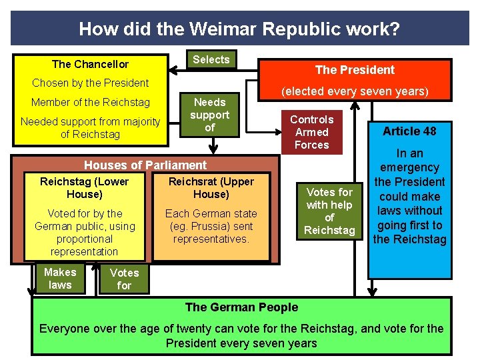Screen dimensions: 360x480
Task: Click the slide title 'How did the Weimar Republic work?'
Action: (x=239, y=29)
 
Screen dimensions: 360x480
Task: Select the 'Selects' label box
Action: (x=211, y=60)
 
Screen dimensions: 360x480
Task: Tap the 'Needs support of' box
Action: (x=209, y=115)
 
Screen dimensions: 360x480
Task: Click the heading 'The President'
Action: (x=354, y=70)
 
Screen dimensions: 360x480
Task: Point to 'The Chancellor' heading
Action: (x=90, y=64)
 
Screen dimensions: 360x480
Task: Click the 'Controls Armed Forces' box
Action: (x=311, y=132)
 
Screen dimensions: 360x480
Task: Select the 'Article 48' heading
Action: (x=409, y=131)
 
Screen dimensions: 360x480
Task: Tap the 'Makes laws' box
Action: (x=60, y=278)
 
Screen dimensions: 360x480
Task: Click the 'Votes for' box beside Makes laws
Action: (x=124, y=279)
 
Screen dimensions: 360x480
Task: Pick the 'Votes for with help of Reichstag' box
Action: (x=329, y=211)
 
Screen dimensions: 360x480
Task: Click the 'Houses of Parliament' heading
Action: (x=145, y=165)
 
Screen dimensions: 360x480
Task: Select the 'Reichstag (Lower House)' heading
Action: (x=84, y=187)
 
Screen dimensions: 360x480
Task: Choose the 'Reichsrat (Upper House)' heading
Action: (x=211, y=187)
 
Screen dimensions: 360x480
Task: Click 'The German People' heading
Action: (x=241, y=307)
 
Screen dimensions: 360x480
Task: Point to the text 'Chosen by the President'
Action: (x=91, y=83)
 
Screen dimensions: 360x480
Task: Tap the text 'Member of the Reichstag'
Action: (x=91, y=102)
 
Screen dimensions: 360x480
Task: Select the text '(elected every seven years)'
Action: (x=354, y=91)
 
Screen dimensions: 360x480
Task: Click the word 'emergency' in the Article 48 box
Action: (x=409, y=167)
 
